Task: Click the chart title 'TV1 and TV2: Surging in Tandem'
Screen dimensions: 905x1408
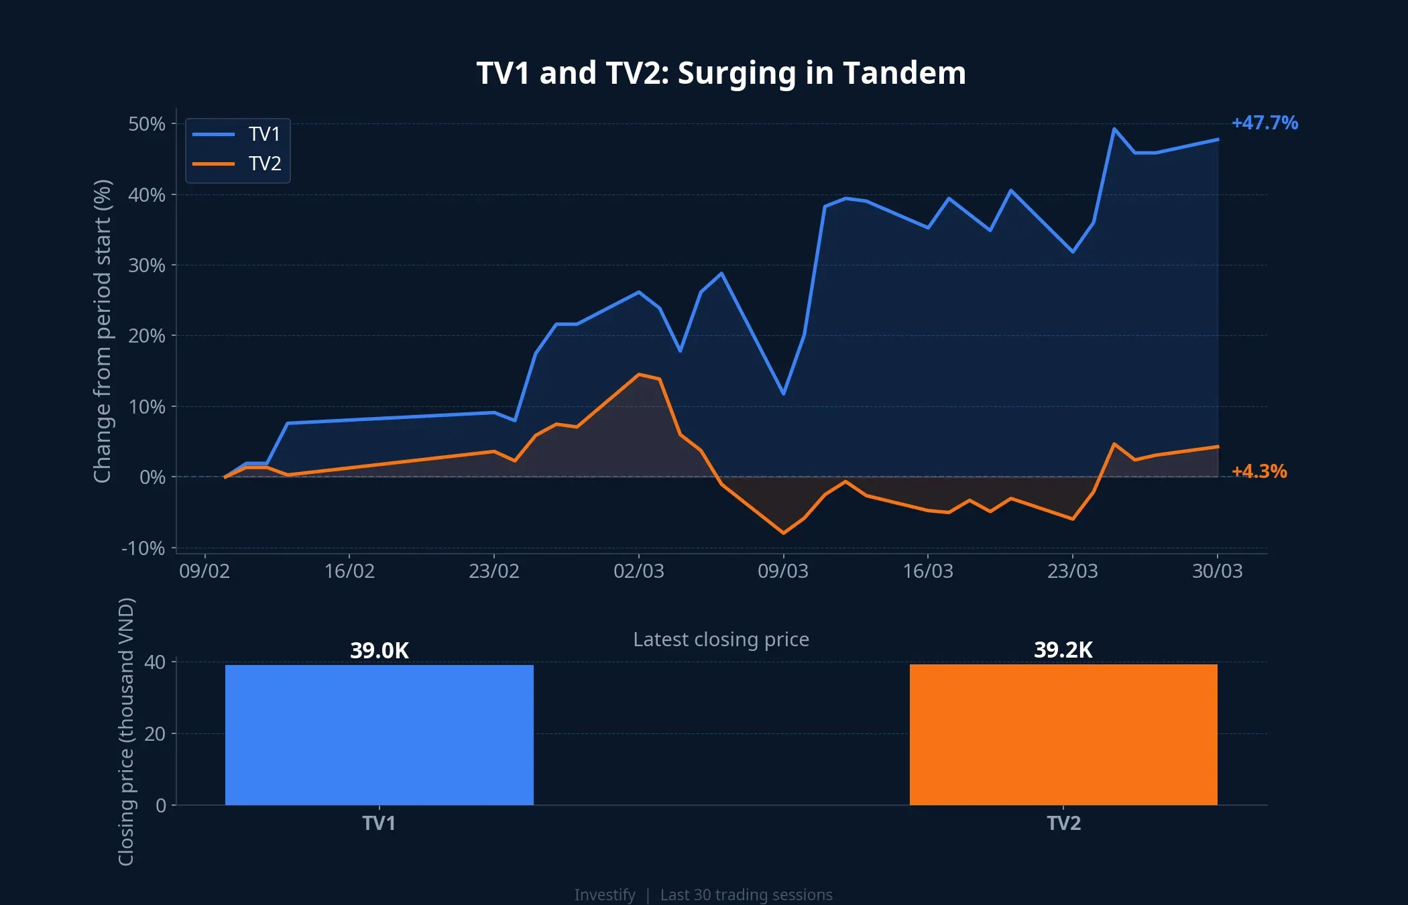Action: coord(721,73)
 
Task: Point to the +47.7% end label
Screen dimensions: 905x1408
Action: coord(1264,123)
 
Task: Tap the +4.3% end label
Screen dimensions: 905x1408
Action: coord(1258,471)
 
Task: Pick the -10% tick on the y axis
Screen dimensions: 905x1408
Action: coord(143,548)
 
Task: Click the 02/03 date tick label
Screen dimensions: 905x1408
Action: coord(638,571)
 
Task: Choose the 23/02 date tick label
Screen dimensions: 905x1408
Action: coord(493,571)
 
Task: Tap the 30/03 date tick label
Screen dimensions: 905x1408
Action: coord(1217,571)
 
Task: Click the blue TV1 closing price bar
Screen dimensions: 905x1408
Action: coord(379,734)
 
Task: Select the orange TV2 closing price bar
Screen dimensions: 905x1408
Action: coord(1063,734)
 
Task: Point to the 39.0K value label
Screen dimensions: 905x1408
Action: coord(379,650)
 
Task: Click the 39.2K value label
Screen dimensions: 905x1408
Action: coord(1063,650)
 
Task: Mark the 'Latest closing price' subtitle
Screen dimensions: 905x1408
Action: coord(721,640)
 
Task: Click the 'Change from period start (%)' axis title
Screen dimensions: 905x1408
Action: coord(102,331)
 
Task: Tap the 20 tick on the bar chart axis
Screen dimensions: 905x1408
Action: coord(154,734)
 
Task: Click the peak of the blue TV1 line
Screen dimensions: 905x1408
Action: coord(1114,129)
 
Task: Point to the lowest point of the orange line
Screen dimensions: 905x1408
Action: coord(783,533)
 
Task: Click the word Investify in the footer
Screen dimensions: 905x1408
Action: coord(604,895)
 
